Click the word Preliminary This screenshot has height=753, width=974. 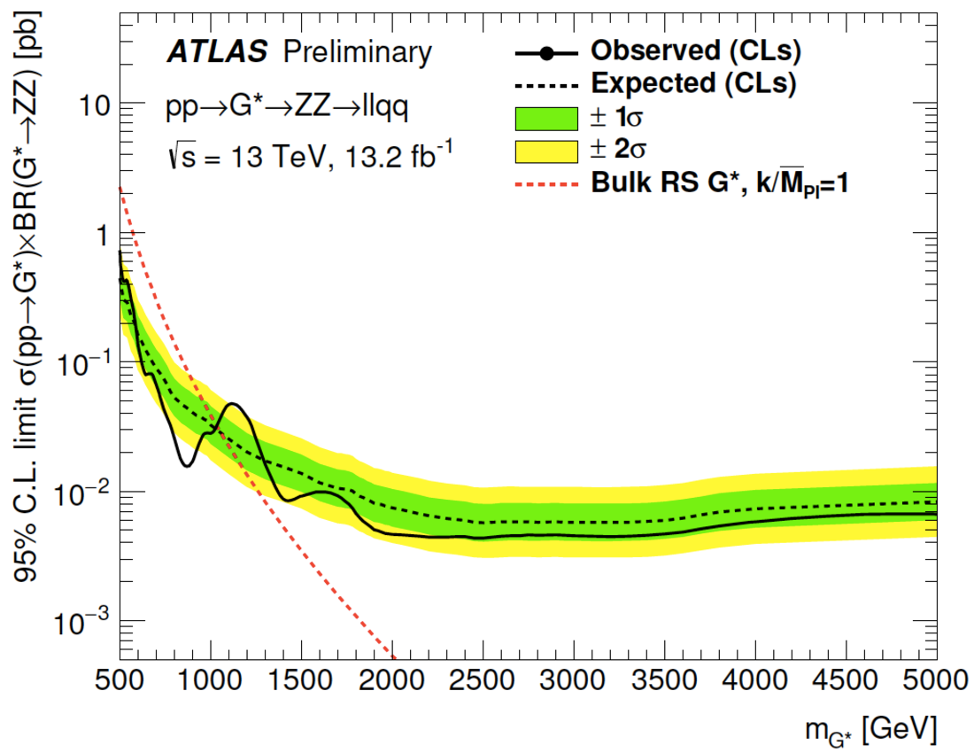[358, 53]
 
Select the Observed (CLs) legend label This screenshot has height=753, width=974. [696, 52]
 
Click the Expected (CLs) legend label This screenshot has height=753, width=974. [694, 84]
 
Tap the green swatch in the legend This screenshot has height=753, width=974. [545, 118]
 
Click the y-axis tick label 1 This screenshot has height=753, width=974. [103, 234]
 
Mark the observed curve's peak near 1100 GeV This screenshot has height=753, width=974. [234, 404]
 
